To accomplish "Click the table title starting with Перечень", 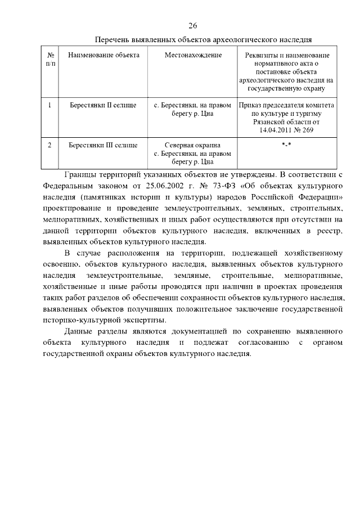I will click(203, 40).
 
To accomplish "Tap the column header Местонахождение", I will click(193, 55).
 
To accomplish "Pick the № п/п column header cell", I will click(50, 60).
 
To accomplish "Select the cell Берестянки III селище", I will click(103, 145).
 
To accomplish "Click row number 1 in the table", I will click(50, 105).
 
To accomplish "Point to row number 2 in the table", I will click(50, 145).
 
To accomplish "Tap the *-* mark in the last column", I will click(286, 145).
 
